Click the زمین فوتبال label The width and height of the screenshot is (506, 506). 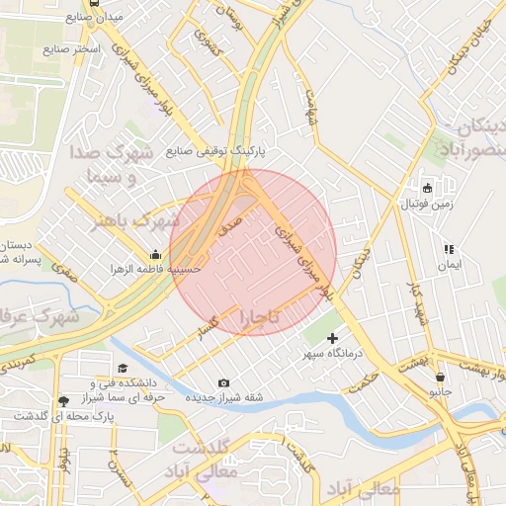426,205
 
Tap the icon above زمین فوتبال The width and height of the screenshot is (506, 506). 427,188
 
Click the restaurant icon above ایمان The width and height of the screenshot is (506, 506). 449,248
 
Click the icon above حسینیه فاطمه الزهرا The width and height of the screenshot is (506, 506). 155,254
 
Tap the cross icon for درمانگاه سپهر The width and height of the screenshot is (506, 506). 332,338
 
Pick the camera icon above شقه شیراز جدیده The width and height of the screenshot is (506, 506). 223,382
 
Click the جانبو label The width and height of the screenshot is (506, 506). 438,392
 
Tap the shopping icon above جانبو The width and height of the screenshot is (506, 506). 439,377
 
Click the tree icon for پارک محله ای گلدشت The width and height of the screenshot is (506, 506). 64,400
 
